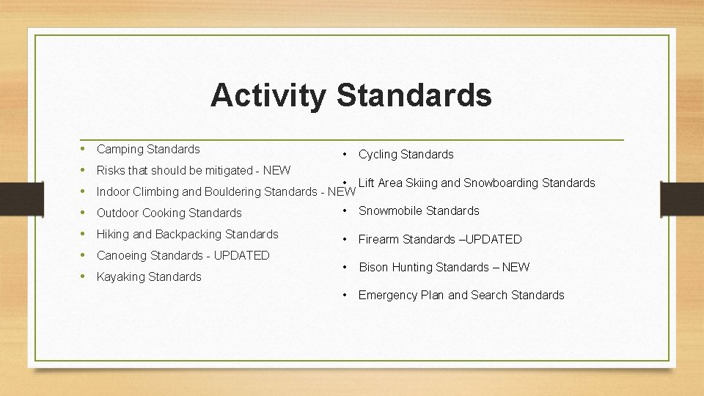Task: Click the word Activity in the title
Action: click(268, 95)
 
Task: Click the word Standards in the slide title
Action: click(414, 95)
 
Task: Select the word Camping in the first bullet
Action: click(120, 150)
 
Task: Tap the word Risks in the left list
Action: click(111, 171)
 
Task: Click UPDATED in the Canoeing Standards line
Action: click(243, 256)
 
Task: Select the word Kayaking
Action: click(121, 277)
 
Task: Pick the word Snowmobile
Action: click(390, 211)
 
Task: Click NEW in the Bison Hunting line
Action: click(516, 268)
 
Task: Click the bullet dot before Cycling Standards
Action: click(344, 155)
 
